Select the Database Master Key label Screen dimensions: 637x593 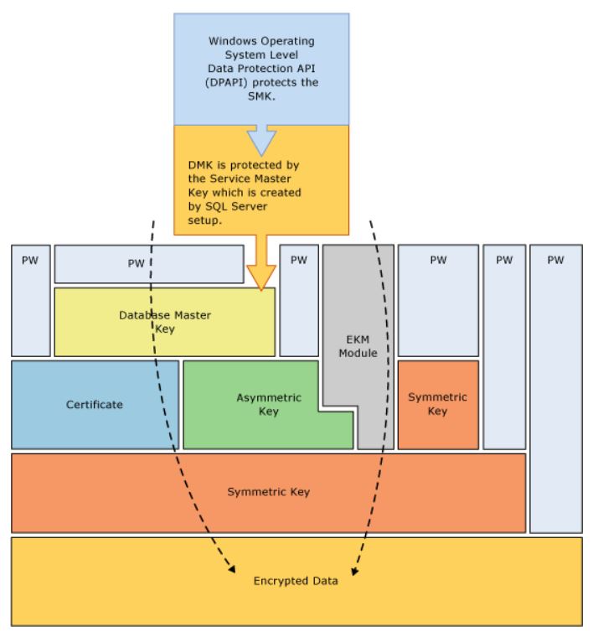pyautogui.click(x=164, y=322)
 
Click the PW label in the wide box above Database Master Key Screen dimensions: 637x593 pyautogui.click(x=136, y=263)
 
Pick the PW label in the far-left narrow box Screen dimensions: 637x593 pyautogui.click(x=30, y=260)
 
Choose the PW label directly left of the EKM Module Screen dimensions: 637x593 pyautogui.click(x=298, y=260)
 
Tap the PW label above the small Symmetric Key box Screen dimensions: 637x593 pyautogui.click(x=437, y=260)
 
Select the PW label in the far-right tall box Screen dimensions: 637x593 pyautogui.click(x=555, y=260)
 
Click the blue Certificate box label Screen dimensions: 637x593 pyautogui.click(x=94, y=404)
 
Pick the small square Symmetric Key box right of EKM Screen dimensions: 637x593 pyautogui.click(x=437, y=404)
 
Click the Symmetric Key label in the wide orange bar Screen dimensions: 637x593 pyautogui.click(x=268, y=491)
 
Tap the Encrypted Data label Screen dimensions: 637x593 pyautogui.click(x=295, y=581)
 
